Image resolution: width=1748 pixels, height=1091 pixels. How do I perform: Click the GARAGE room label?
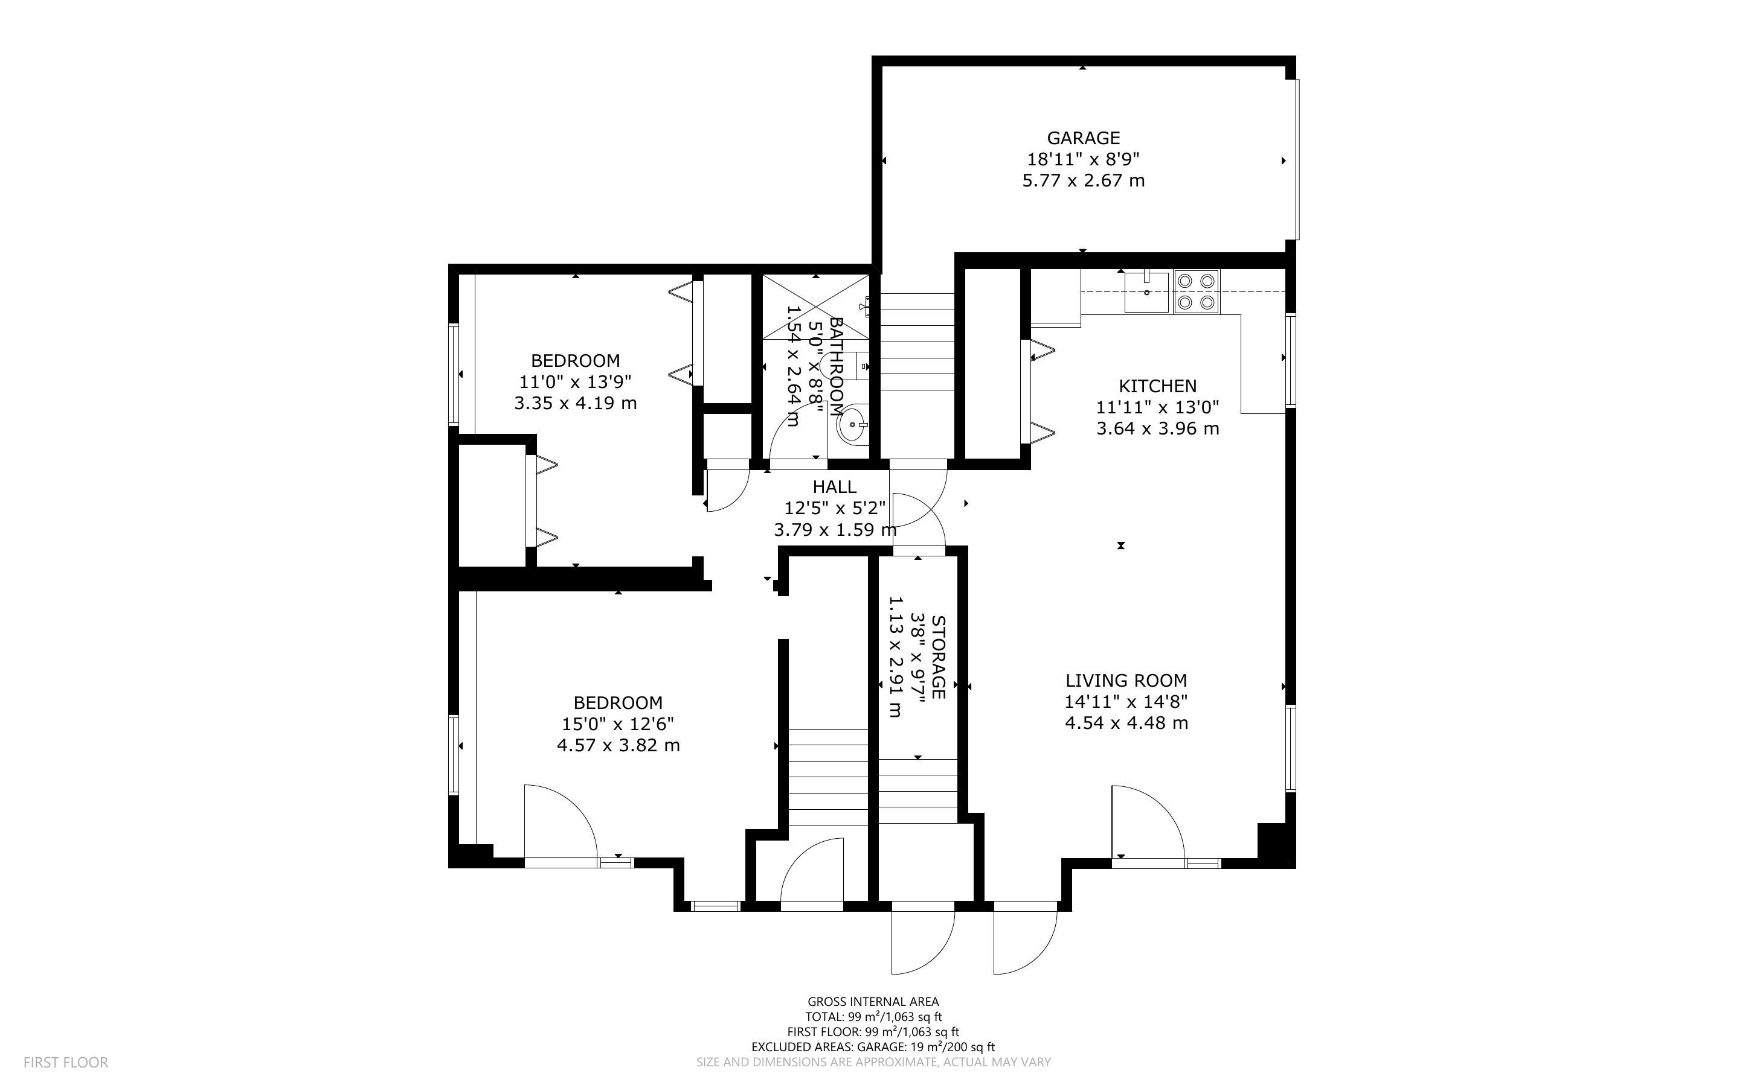pos(1083,138)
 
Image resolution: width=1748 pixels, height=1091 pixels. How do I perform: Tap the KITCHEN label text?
pos(1157,386)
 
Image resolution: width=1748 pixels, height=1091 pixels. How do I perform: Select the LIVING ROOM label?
pos(1126,681)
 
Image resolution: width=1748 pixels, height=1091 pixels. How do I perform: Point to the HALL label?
pos(835,487)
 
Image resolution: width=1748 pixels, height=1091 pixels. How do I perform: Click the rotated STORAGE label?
pos(939,657)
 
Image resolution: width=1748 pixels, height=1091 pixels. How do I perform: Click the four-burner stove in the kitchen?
pos(1196,291)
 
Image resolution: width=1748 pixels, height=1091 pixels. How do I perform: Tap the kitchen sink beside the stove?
pos(1146,291)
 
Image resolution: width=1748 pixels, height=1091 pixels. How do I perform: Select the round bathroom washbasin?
pos(853,424)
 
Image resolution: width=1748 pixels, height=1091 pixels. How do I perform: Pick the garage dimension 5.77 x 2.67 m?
pos(1083,180)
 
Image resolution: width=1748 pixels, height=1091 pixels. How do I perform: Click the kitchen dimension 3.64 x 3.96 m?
pos(1157,428)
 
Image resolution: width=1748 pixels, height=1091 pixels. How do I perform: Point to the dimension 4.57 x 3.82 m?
pos(618,745)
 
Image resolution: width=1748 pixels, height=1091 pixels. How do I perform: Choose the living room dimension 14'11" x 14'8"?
pos(1126,701)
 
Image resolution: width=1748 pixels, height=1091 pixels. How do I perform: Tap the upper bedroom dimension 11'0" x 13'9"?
pos(576,382)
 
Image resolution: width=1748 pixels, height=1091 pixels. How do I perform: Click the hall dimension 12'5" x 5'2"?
pos(835,509)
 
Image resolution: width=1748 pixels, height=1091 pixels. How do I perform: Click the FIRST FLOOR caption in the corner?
pos(66,1062)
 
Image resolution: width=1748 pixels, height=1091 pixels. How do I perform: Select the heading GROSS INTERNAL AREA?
pos(873,1002)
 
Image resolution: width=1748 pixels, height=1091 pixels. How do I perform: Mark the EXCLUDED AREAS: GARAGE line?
pos(873,1047)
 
